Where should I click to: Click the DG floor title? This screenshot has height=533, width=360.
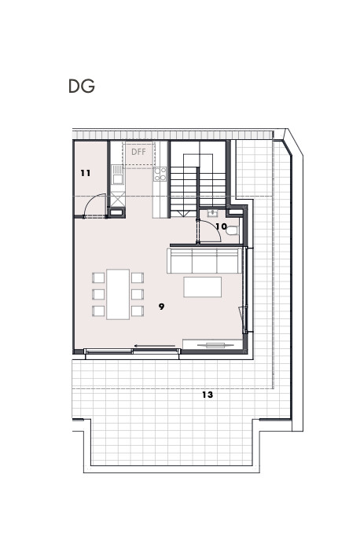tap(82, 86)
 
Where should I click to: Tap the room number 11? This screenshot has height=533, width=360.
tap(86, 174)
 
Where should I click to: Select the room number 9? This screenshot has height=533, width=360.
tap(161, 307)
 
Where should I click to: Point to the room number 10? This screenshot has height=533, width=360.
tap(221, 226)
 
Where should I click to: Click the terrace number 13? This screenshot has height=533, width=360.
tap(208, 395)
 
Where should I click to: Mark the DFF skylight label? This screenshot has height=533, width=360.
tap(138, 152)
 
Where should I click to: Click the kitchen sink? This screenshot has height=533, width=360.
tap(118, 175)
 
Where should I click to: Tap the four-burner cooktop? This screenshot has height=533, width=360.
tap(160, 174)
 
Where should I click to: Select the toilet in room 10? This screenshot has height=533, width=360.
tap(233, 231)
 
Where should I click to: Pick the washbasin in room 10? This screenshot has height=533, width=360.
tap(213, 214)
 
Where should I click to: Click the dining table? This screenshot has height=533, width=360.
tap(118, 294)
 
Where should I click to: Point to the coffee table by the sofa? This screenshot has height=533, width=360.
tap(203, 287)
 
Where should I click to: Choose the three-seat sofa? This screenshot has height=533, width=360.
tap(204, 261)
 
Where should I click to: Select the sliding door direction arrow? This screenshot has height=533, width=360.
tap(155, 346)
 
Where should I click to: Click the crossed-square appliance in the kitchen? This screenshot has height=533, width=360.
tap(118, 199)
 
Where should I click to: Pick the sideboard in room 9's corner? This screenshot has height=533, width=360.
tap(213, 344)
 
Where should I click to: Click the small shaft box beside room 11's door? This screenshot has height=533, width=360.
tap(116, 212)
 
